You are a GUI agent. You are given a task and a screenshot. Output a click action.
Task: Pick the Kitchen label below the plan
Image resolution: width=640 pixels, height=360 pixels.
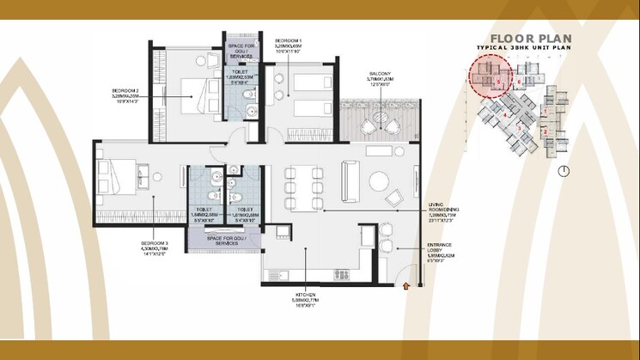tap(305, 298)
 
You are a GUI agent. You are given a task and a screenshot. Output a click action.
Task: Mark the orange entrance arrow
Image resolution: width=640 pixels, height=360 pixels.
tap(407, 285)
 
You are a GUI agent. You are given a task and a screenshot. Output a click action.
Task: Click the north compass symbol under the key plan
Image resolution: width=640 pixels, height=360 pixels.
tap(563, 171)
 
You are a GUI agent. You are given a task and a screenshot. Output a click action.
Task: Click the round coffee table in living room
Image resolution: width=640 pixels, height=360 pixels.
tap(379, 181)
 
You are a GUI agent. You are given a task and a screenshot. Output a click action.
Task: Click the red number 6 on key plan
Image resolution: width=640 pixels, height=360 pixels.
tap(519, 82)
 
